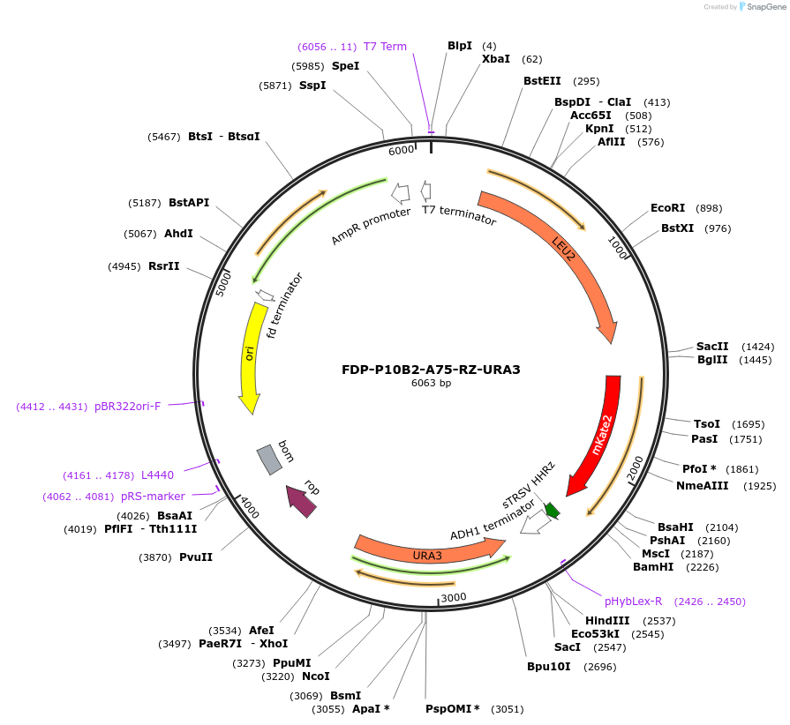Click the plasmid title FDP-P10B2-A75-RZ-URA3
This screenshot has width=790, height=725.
tap(431, 370)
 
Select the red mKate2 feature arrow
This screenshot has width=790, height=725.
tap(598, 432)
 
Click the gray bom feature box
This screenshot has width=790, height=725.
tap(268, 459)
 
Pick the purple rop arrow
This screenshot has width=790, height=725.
tap(301, 501)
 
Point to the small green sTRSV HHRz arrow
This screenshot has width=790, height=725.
tap(553, 510)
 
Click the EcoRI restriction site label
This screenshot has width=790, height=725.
tap(667, 208)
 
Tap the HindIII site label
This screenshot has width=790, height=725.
tap(607, 620)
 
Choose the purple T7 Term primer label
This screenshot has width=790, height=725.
tap(385, 47)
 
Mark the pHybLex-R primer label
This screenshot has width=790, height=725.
tap(633, 602)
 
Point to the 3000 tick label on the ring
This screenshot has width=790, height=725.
tap(453, 597)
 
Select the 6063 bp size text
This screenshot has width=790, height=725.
tap(431, 384)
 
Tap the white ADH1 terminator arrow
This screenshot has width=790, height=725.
tap(535, 524)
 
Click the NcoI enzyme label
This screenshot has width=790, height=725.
tap(315, 676)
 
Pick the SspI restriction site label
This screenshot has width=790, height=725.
tap(312, 86)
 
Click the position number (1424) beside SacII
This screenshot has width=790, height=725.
tap(757, 347)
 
